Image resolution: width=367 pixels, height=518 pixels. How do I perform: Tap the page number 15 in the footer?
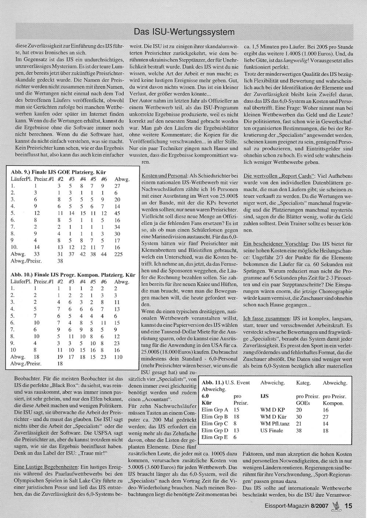click(x=348, y=506)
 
